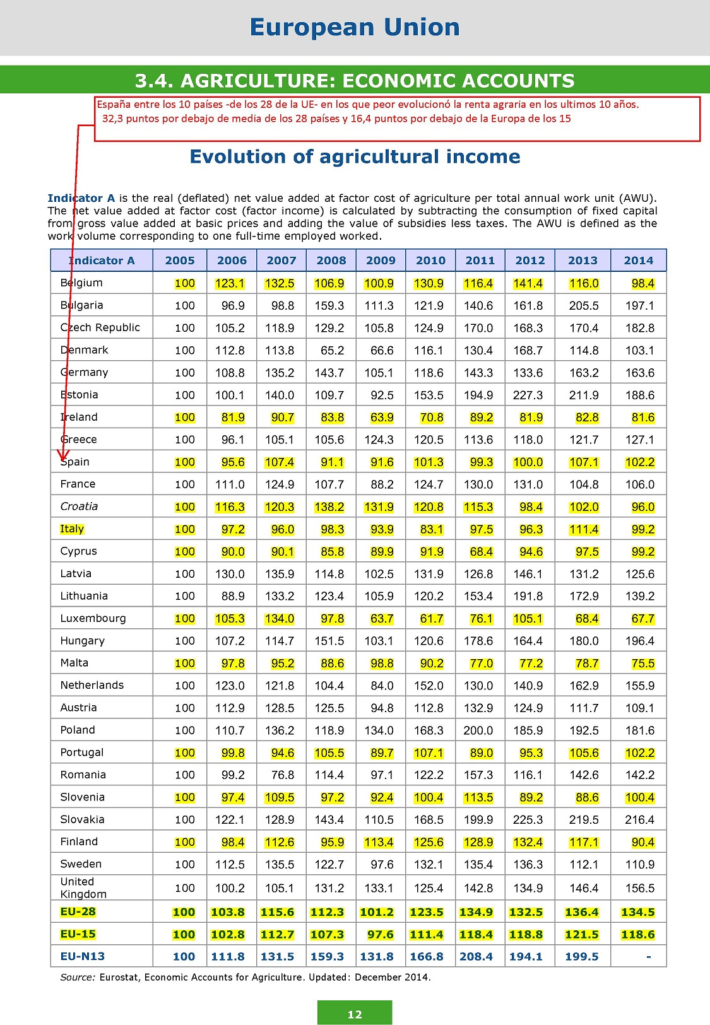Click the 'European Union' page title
pos(355,28)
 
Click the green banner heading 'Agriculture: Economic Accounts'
pos(355,81)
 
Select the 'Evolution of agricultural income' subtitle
pos(355,156)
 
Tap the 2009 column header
pos(381,261)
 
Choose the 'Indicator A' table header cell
pos(102,261)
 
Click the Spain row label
pos(75,462)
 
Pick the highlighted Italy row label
pos(72,529)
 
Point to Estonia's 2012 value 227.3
pos(528,395)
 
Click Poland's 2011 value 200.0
pos(478,730)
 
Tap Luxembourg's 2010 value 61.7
pos(432,619)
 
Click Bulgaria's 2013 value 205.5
pos(583,306)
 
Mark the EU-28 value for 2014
pos(637,912)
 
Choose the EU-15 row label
pos(78,934)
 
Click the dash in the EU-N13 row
pos(648,957)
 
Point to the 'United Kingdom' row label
pos(83,887)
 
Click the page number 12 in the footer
pos(355,1014)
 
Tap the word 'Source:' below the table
pos(78,977)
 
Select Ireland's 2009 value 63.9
pos(382,418)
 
